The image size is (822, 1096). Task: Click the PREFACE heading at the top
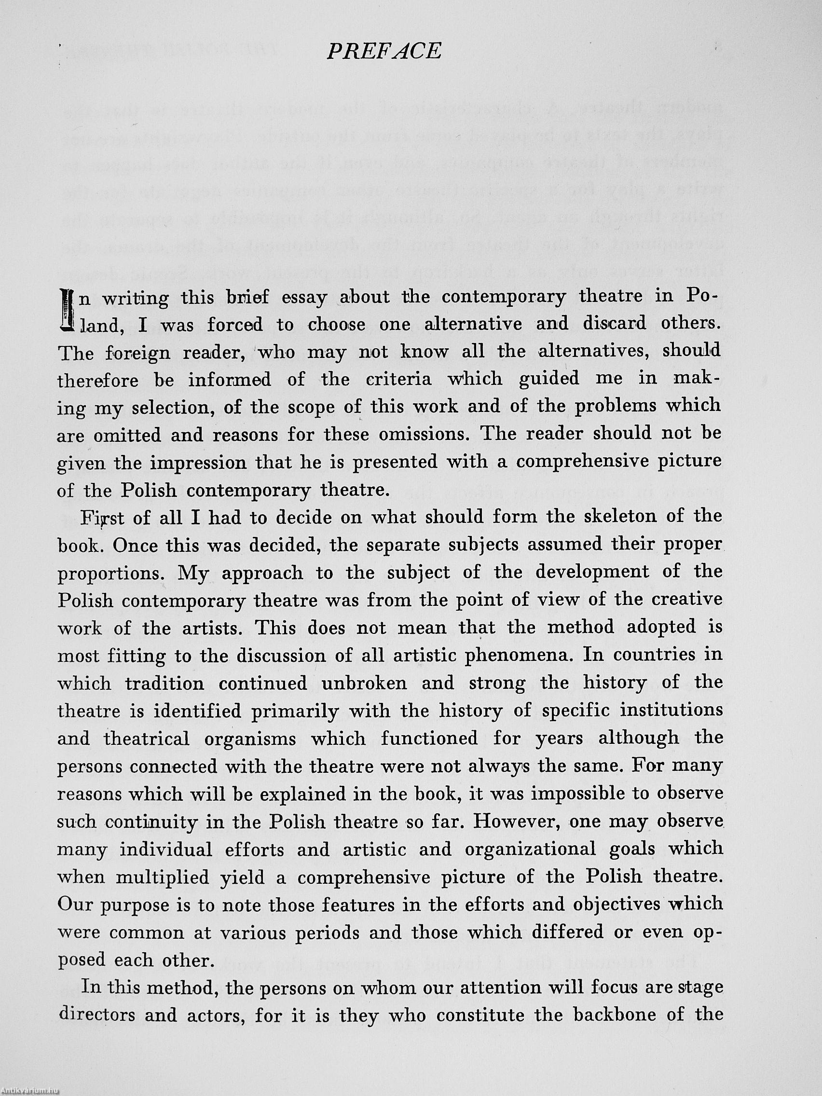pos(384,52)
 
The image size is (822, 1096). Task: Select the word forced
pos(235,325)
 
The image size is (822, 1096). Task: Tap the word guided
pos(549,380)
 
